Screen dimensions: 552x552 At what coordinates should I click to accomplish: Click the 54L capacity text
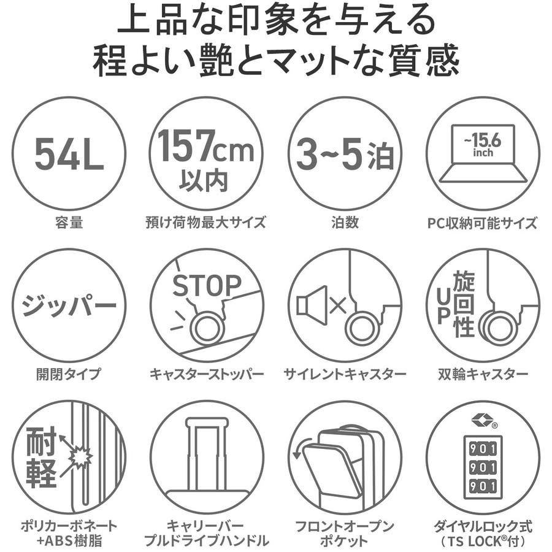tap(69, 154)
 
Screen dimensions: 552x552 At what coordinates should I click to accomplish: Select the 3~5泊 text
tap(345, 154)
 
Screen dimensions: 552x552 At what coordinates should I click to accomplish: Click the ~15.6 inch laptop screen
tap(482, 144)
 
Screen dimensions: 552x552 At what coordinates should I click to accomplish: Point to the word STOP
tap(207, 285)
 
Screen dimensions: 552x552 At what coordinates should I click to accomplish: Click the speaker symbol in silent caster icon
tap(311, 305)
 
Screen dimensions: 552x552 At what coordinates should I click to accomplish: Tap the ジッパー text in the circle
tap(69, 304)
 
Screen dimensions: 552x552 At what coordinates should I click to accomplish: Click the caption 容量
tap(69, 223)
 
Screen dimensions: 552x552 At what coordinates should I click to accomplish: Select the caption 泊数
tap(345, 223)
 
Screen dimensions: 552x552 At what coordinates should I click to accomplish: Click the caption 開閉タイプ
tap(69, 374)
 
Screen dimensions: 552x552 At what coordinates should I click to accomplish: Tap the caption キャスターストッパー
tap(207, 374)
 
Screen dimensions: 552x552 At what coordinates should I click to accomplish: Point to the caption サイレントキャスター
tap(345, 374)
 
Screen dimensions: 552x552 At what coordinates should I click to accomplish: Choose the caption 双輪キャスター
tap(483, 374)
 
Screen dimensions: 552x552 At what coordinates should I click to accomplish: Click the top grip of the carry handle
tap(206, 422)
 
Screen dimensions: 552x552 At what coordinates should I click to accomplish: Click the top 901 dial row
tap(483, 449)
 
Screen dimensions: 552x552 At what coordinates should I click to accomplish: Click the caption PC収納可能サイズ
tap(482, 223)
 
